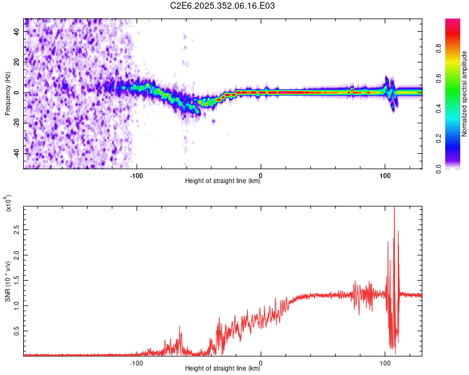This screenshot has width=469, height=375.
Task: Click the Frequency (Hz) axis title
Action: pyautogui.click(x=7, y=93)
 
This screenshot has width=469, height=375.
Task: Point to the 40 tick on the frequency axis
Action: pyautogui.click(x=18, y=32)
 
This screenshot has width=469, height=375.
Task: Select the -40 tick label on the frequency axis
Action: pyautogui.click(x=16, y=153)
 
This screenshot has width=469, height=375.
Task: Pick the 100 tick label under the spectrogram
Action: pyautogui.click(x=385, y=174)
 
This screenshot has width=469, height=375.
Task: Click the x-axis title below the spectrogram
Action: pyautogui.click(x=223, y=181)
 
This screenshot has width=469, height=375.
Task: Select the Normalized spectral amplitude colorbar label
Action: pyautogui.click(x=465, y=94)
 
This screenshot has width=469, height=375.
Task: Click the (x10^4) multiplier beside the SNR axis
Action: pyautogui.click(x=8, y=204)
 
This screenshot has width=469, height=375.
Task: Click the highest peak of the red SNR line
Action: pyautogui.click(x=394, y=207)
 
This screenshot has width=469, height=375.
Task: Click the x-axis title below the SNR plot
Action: pyautogui.click(x=223, y=369)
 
